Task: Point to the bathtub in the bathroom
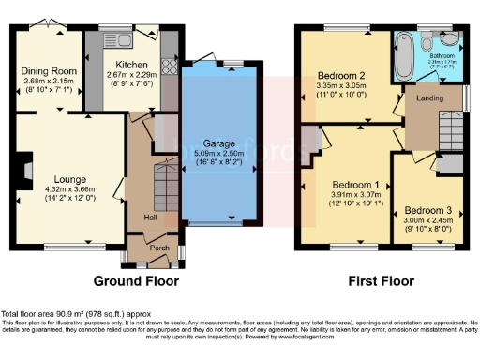(x=404, y=54)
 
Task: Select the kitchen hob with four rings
(x=170, y=67)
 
